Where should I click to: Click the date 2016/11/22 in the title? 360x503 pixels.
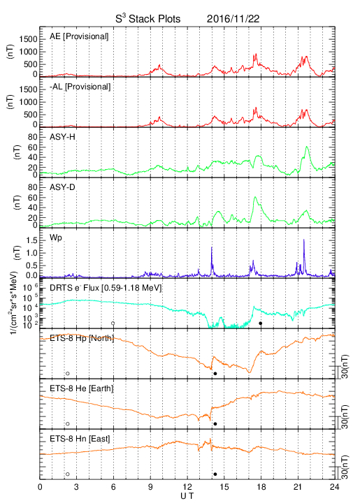tap(233, 19)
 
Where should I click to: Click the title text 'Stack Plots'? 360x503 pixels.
tap(154, 19)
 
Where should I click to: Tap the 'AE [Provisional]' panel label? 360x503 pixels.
tap(79, 36)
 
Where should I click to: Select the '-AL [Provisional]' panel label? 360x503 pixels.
tap(80, 87)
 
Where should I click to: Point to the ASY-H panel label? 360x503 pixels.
tap(62, 137)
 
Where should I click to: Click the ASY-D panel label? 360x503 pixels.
tap(62, 187)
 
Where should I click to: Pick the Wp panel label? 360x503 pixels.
tap(56, 238)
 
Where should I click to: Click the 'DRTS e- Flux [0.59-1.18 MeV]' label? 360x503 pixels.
tap(106, 288)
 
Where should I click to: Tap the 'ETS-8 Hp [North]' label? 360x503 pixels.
tap(82, 338)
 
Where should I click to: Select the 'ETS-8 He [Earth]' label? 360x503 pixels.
tap(82, 388)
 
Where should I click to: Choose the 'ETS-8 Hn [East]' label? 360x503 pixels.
tap(80, 439)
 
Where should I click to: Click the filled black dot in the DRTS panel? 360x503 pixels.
tap(261, 323)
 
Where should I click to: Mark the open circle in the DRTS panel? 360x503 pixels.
tap(113, 323)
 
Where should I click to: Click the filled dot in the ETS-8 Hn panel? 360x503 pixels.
tap(215, 474)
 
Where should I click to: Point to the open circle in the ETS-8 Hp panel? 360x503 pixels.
tap(68, 373)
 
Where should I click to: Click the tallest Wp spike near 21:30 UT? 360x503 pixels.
tap(303, 240)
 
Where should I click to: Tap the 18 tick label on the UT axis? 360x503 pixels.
tap(261, 487)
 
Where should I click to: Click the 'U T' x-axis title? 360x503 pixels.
tap(187, 496)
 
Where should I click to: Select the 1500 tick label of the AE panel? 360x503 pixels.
tap(29, 39)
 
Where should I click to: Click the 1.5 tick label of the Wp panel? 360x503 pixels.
tap(32, 240)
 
